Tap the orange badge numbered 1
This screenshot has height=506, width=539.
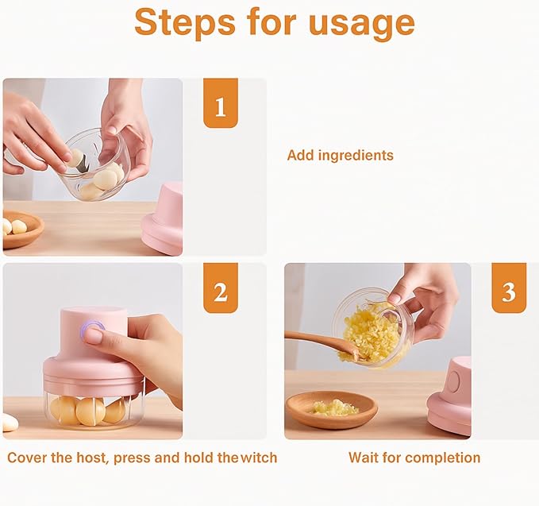coord(220,103)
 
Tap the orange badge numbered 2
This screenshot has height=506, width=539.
coord(220,292)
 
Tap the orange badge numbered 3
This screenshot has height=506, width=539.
coord(508,292)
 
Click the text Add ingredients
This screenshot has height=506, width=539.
coord(340,155)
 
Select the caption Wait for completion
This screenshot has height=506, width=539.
coord(414,458)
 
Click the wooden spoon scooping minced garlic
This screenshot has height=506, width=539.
coord(318,342)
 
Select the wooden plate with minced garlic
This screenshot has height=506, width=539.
coord(332,408)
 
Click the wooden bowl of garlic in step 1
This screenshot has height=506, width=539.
coord(19,230)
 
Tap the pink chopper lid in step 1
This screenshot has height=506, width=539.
coord(164,218)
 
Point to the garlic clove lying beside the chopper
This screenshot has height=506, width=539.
coord(9,423)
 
